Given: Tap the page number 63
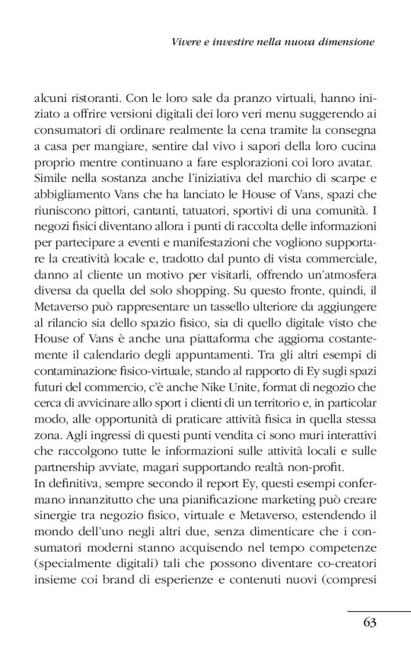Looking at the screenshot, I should tap(368, 622).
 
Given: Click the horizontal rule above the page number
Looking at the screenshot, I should tap(379, 610).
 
